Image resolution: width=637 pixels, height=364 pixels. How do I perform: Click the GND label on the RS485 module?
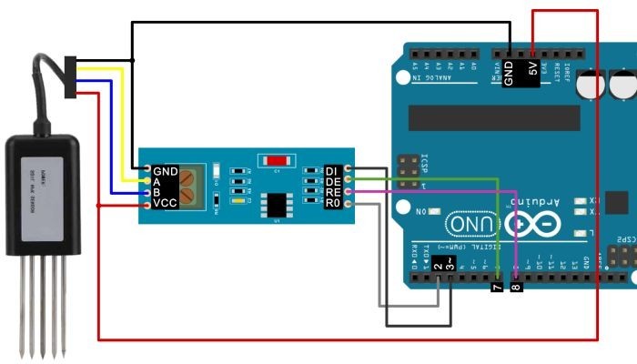tap(166, 170)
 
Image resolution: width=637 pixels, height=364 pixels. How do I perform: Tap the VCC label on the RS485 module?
tap(165, 203)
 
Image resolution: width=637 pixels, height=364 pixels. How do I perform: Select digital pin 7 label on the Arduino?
tap(496, 287)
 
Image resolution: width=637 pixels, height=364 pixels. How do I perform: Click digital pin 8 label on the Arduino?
tap(517, 287)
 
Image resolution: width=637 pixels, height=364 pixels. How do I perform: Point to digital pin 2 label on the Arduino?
tap(439, 266)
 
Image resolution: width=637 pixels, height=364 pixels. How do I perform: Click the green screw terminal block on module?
tap(190, 186)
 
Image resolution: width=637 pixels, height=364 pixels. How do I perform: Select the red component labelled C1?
tap(278, 160)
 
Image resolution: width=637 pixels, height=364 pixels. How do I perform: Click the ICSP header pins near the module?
tap(409, 167)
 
